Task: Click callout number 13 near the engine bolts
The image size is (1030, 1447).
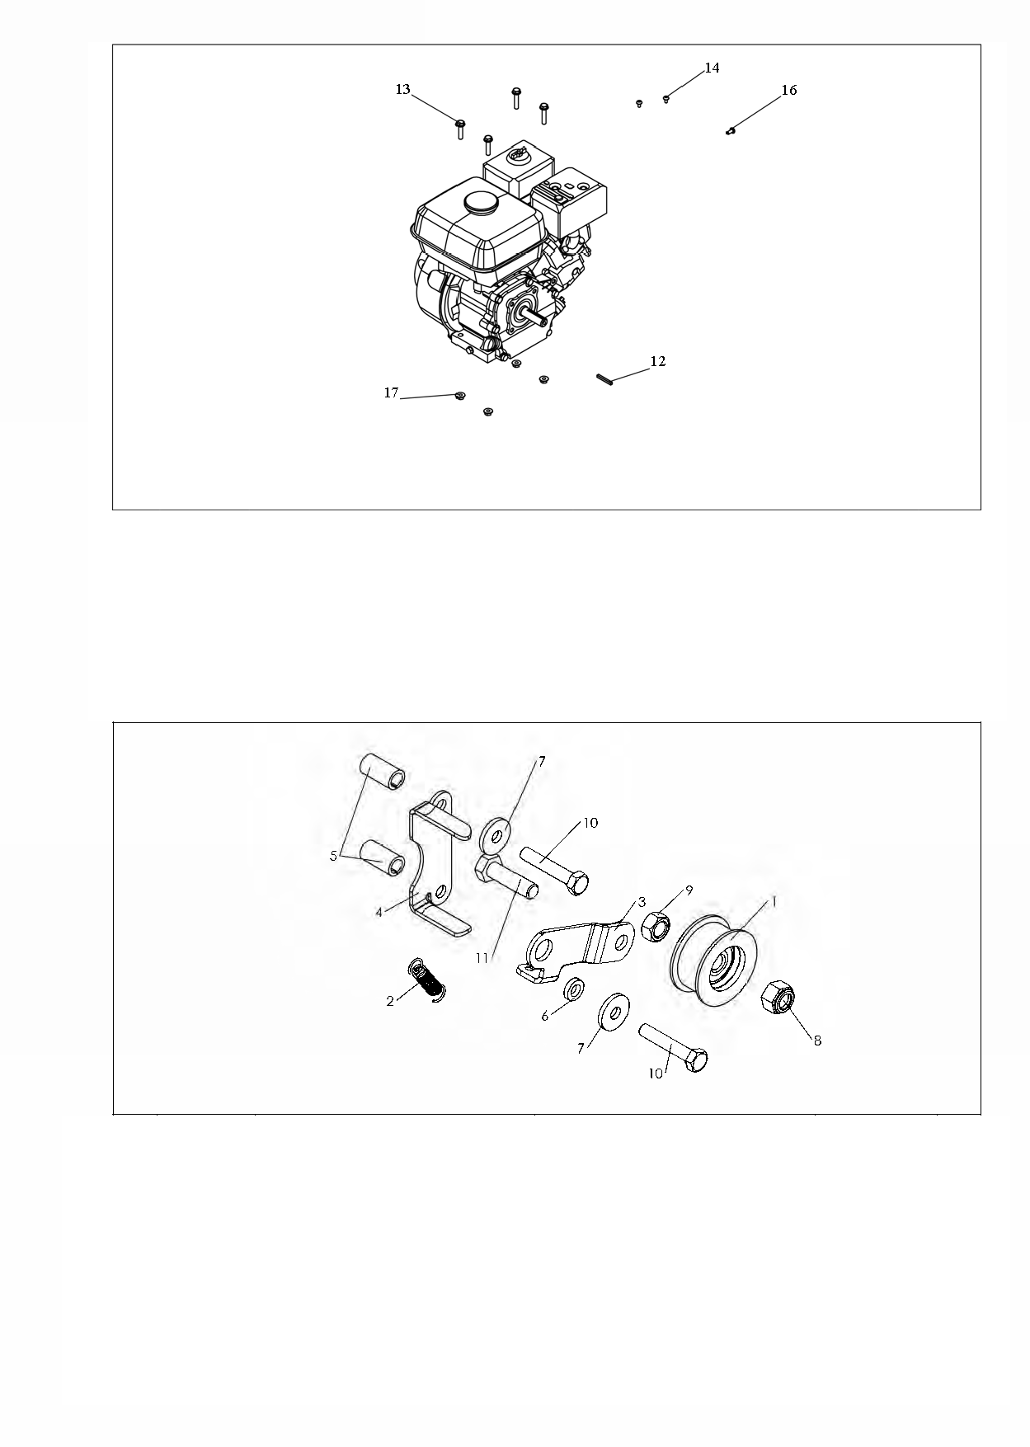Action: tap(402, 90)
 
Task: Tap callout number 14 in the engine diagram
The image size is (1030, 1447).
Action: tap(712, 68)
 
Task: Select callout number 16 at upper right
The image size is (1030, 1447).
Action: tap(789, 91)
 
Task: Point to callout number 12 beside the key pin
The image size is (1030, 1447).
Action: tap(658, 362)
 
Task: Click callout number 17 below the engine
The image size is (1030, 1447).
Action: tap(392, 393)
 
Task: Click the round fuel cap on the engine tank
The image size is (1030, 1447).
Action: tap(479, 203)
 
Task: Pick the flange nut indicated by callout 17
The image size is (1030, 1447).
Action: tap(460, 397)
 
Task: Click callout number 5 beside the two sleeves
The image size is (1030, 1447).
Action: tap(334, 857)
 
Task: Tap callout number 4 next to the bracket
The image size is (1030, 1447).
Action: tap(379, 912)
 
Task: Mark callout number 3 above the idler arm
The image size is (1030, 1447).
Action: tap(642, 903)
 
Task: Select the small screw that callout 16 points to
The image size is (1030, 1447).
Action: tap(731, 129)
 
